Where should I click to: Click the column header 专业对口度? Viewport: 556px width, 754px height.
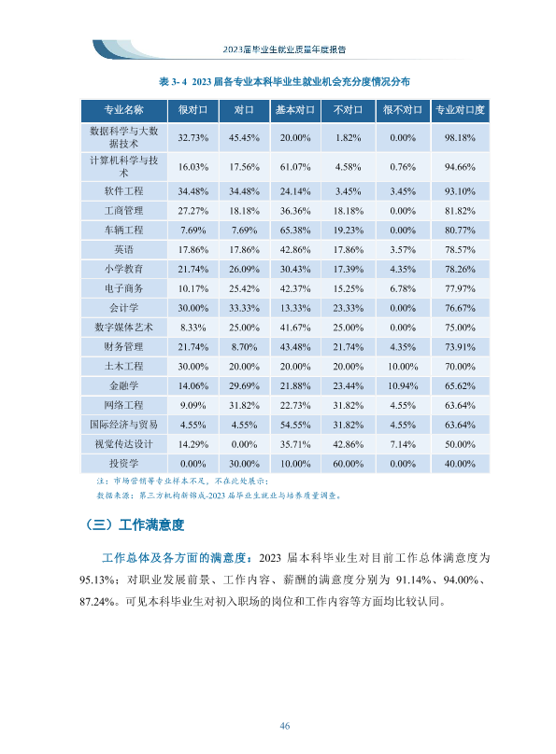[x=460, y=110]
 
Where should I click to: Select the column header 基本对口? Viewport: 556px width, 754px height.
[x=295, y=110]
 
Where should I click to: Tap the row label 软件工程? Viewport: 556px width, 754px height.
[x=123, y=191]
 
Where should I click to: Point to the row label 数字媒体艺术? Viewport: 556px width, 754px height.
[x=123, y=328]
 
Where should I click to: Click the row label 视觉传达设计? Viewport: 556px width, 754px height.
[x=123, y=444]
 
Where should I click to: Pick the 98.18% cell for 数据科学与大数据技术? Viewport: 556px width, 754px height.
[x=460, y=137]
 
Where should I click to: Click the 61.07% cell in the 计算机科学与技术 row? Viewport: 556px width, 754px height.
[x=295, y=167]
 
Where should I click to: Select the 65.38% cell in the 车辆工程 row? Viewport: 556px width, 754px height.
[x=295, y=230]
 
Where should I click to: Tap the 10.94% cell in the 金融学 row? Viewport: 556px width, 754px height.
[x=403, y=386]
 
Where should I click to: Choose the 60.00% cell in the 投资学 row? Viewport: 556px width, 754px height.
[x=348, y=464]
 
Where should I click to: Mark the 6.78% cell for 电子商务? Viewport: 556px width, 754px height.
[x=403, y=288]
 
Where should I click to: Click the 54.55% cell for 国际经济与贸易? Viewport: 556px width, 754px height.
[x=295, y=426]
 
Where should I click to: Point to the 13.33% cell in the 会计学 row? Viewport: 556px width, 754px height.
[x=295, y=308]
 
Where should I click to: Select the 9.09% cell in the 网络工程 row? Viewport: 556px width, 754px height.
[x=193, y=405]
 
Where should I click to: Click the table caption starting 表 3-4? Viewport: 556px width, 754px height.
[x=284, y=82]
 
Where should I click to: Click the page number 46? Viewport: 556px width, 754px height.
[x=284, y=726]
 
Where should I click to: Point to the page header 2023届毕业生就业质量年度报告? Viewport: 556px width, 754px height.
[x=284, y=49]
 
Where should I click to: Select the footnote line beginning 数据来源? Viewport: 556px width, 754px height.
[x=220, y=496]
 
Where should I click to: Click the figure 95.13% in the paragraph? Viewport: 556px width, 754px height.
[x=98, y=579]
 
